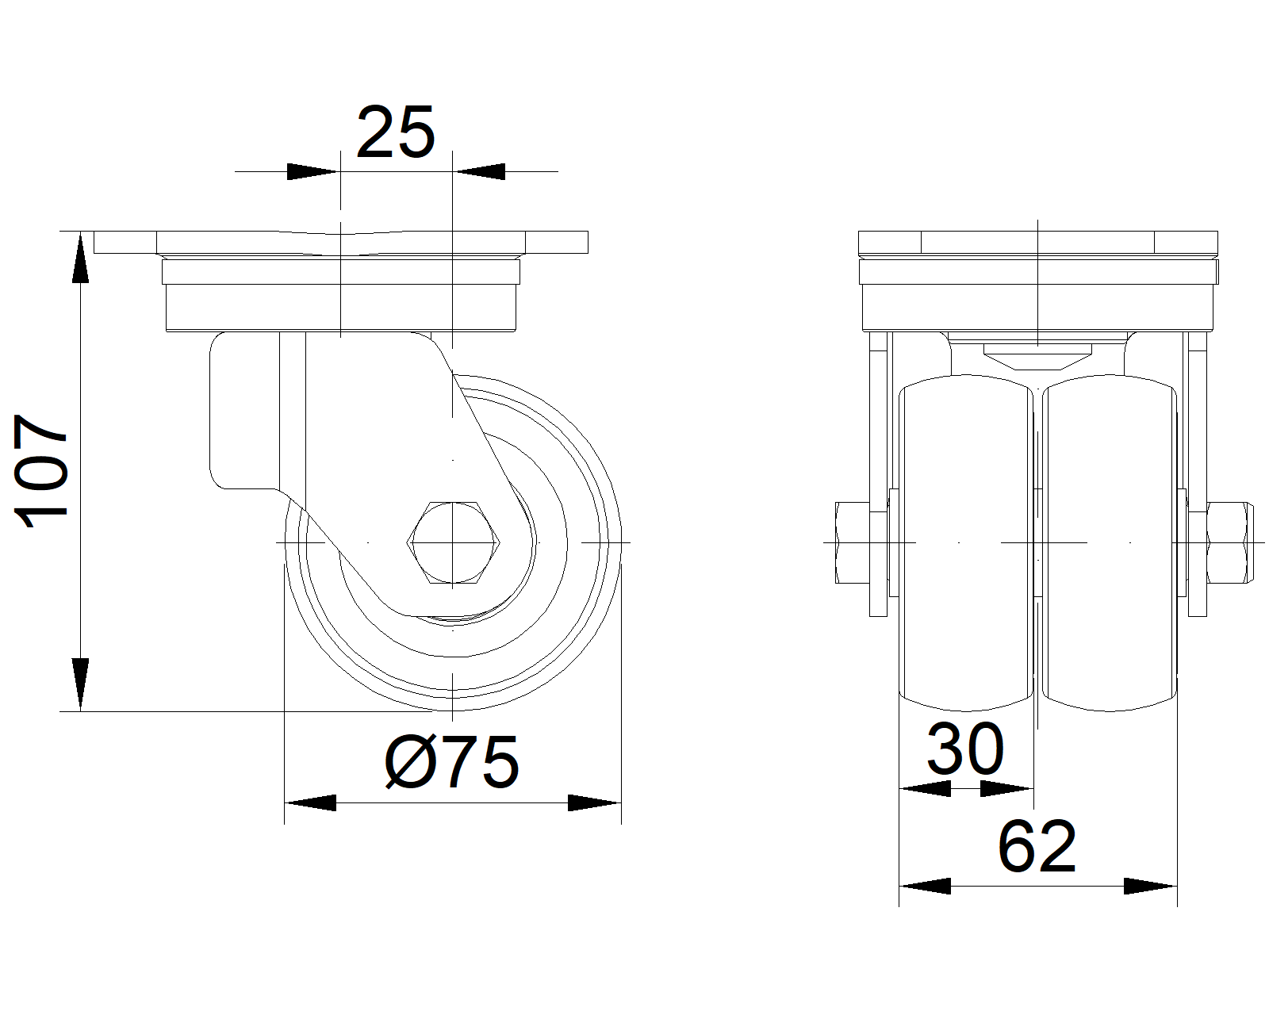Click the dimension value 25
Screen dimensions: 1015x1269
(396, 132)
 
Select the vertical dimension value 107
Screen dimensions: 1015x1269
(43, 470)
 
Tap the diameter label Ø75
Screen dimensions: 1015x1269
(452, 762)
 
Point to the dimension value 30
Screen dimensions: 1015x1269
(965, 749)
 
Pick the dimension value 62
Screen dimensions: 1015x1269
(1037, 847)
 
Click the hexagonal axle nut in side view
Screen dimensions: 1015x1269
(453, 543)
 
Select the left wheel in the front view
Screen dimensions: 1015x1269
(966, 543)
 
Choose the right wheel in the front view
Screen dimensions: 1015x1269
(1109, 543)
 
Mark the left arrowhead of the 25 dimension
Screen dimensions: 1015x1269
(312, 171)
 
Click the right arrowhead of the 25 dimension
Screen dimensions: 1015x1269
(479, 171)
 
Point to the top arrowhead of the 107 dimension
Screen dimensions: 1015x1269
(80, 259)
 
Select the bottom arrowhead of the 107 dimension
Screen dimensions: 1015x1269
(80, 684)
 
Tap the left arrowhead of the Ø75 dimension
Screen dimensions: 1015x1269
(310, 802)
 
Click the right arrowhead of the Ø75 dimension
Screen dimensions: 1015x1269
(594, 802)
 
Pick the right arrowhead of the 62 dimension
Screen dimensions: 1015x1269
(1150, 886)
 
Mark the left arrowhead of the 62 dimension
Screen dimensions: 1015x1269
(925, 886)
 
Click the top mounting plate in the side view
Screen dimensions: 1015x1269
(341, 243)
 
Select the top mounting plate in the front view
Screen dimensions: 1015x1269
(1037, 243)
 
